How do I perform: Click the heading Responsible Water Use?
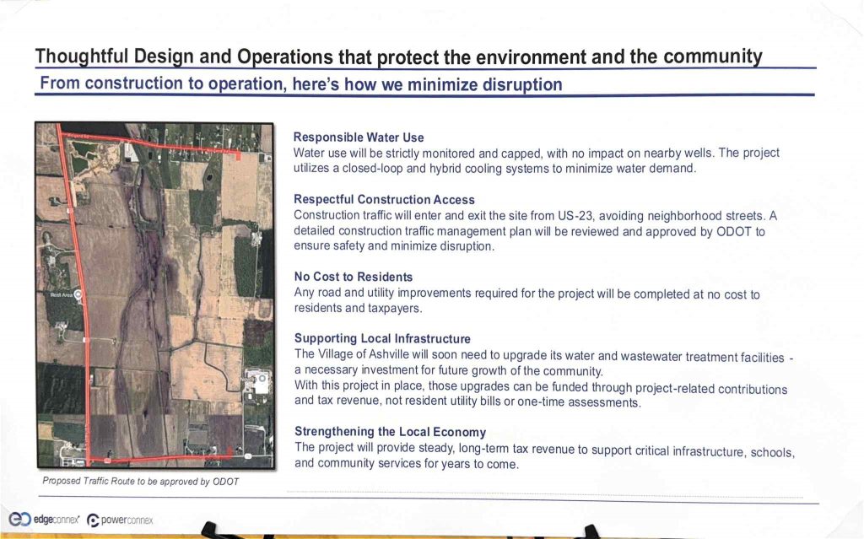358,137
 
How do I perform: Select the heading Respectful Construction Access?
384,200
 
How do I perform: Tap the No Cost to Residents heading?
354,277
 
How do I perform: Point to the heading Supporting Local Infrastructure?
382,338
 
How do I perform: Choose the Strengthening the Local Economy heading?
390,432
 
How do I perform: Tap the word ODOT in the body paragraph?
733,231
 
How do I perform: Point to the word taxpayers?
395,308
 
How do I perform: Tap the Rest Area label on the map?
61,295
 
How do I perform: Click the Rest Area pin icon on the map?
78,295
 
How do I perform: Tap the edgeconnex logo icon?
20,519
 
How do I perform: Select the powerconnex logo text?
127,520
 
